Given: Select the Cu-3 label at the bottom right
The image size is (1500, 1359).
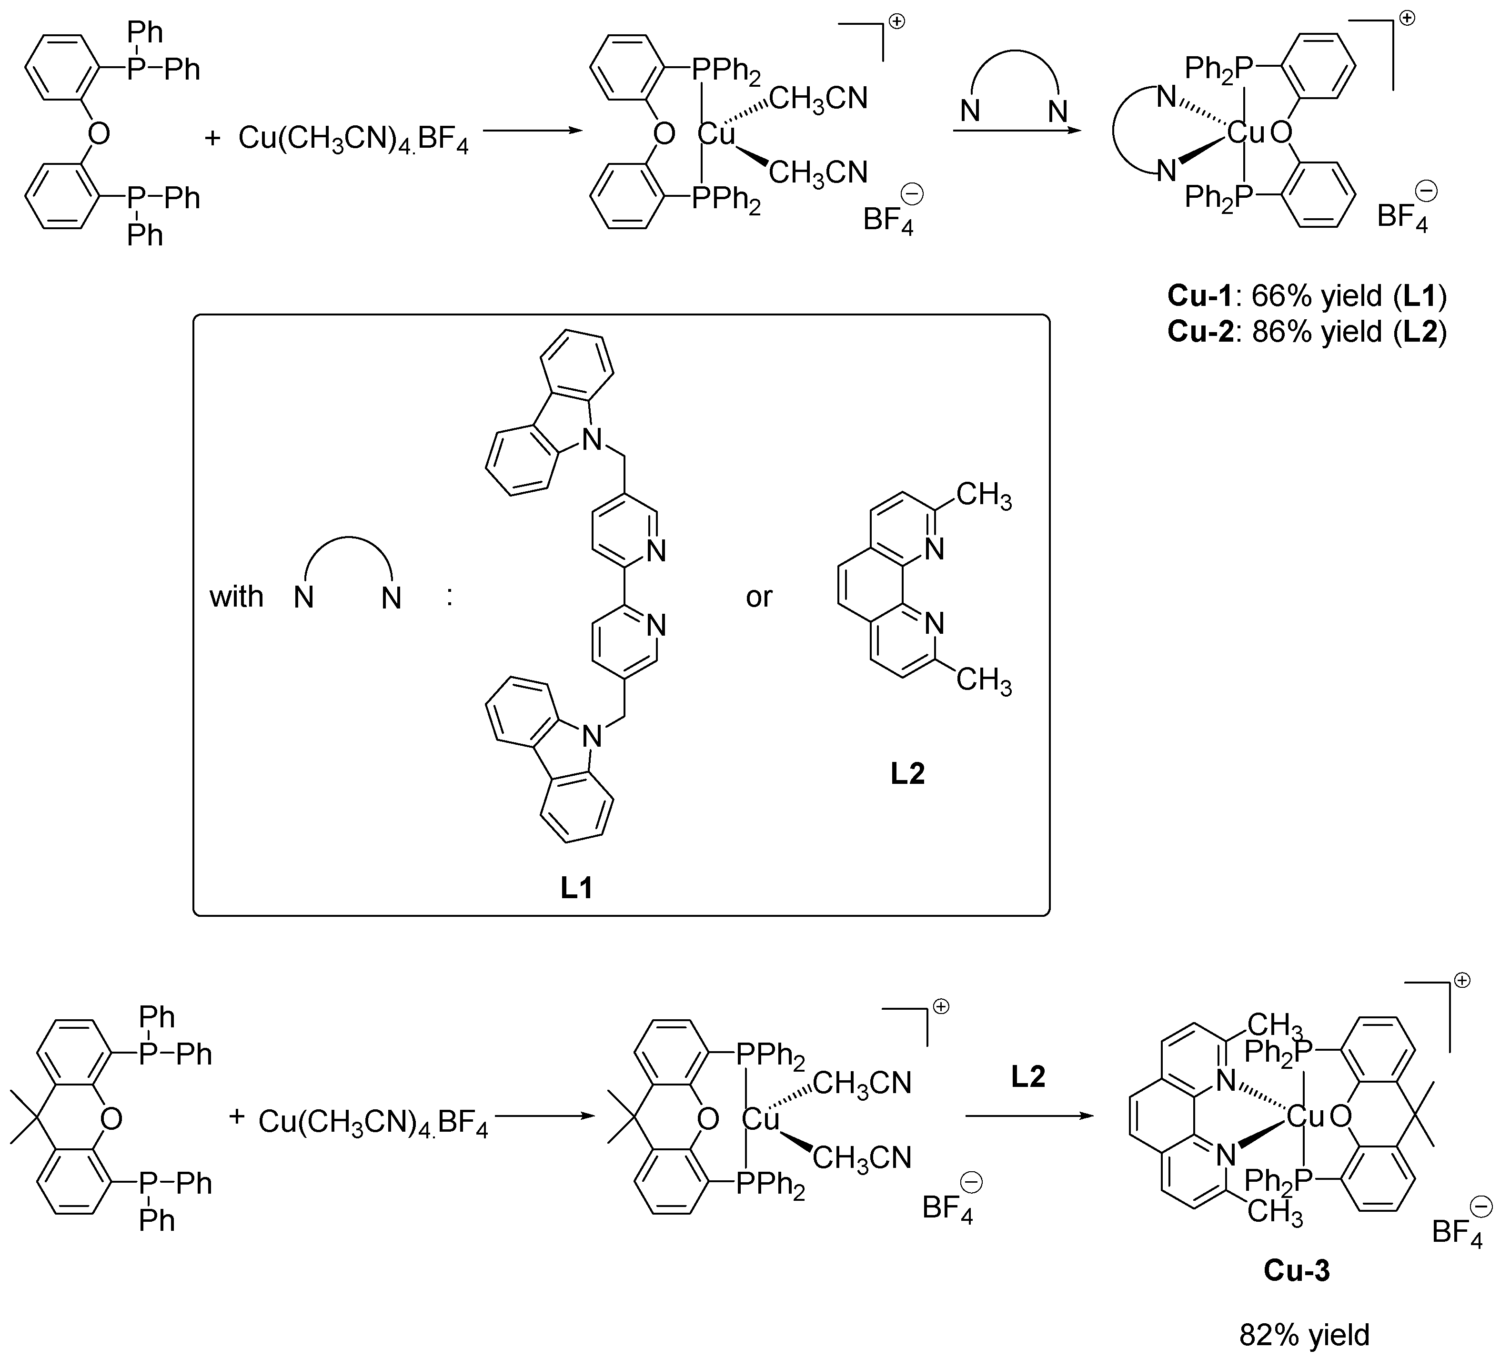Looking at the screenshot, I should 1296,1270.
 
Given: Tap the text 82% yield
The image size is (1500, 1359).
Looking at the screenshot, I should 1304,1335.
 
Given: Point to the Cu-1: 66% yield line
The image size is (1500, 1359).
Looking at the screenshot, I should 1307,296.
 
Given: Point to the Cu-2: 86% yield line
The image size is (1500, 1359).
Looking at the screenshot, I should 1307,331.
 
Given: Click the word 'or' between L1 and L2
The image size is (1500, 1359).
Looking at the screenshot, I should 759,597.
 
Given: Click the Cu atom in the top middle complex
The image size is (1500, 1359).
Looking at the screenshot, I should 716,135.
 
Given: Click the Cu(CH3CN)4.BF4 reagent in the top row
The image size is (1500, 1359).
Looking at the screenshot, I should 353,139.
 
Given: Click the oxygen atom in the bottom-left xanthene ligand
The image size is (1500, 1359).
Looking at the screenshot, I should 111,1118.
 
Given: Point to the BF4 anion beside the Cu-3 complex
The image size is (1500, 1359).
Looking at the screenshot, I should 1456,1232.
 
